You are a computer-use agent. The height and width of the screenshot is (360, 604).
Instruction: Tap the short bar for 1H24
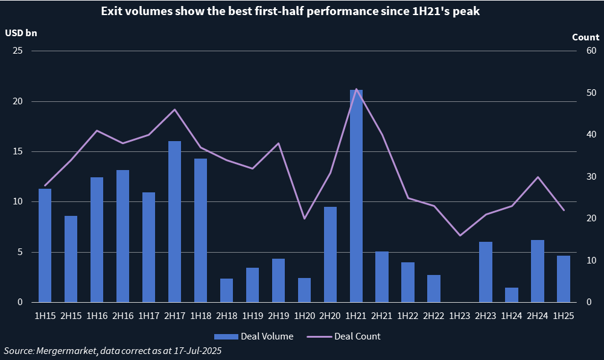click(512, 295)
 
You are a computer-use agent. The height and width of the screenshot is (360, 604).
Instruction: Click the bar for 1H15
click(45, 245)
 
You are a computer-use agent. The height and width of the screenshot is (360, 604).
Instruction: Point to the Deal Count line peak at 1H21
click(356, 89)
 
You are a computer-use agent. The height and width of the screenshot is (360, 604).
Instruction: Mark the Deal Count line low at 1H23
click(460, 235)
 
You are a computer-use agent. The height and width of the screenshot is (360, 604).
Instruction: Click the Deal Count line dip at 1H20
click(304, 218)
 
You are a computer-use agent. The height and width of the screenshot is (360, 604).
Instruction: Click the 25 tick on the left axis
click(18, 51)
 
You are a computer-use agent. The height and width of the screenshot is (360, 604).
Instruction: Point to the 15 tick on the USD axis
click(18, 151)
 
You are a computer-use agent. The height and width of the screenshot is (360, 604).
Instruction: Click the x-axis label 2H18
click(226, 315)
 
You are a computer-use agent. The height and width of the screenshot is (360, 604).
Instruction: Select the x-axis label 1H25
click(564, 315)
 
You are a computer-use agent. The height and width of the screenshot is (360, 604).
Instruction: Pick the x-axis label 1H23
click(460, 315)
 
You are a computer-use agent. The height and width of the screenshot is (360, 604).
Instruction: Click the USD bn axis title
click(21, 33)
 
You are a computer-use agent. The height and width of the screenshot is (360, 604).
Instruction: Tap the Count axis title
click(585, 37)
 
